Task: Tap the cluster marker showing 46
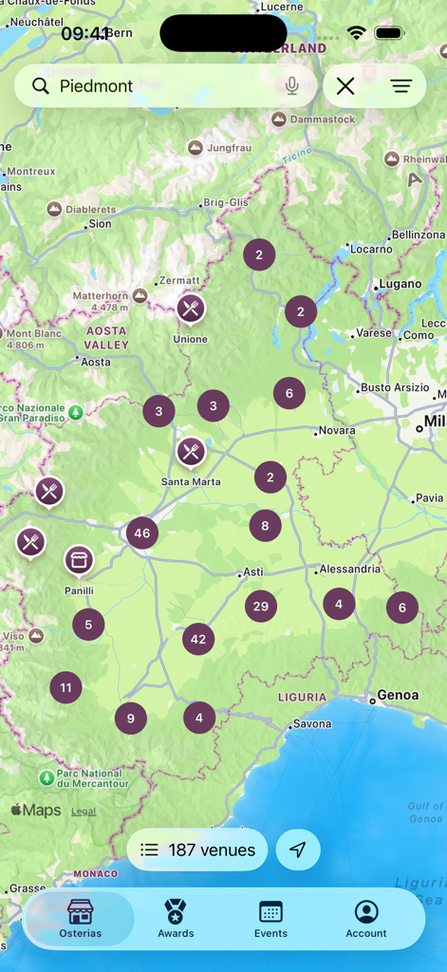pyautogui.click(x=142, y=533)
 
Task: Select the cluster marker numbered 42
pyautogui.click(x=198, y=640)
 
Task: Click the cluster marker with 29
pyautogui.click(x=261, y=607)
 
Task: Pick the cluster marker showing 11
pyautogui.click(x=65, y=688)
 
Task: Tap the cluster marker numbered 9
pyautogui.click(x=131, y=719)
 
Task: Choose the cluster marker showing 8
pyautogui.click(x=266, y=526)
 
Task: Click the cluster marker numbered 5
pyautogui.click(x=88, y=625)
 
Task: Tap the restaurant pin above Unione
pyautogui.click(x=191, y=308)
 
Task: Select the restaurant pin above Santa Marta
pyautogui.click(x=191, y=452)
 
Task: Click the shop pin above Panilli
pyautogui.click(x=79, y=560)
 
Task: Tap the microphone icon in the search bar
pyautogui.click(x=292, y=86)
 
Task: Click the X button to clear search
pyautogui.click(x=345, y=86)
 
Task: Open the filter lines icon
pyautogui.click(x=401, y=86)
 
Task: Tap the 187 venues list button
pyautogui.click(x=197, y=850)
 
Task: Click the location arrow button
pyautogui.click(x=298, y=850)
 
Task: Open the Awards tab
pyautogui.click(x=176, y=919)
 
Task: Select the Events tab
pyautogui.click(x=270, y=919)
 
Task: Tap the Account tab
pyautogui.click(x=366, y=919)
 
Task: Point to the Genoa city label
pyautogui.click(x=398, y=695)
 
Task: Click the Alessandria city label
pyautogui.click(x=350, y=570)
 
